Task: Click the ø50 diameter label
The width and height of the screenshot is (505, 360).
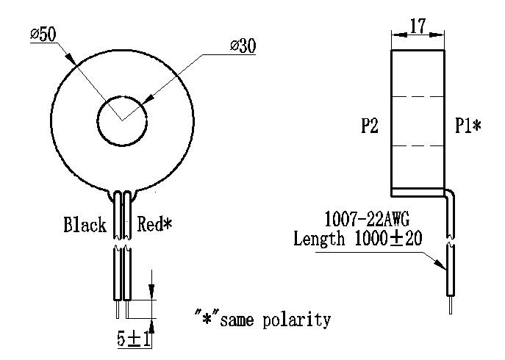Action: (x=43, y=34)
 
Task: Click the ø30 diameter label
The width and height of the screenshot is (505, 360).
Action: (x=243, y=46)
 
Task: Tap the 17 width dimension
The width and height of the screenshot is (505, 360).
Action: (x=418, y=26)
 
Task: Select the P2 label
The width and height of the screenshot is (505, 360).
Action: (x=370, y=125)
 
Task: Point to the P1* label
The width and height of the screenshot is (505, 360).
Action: (x=468, y=125)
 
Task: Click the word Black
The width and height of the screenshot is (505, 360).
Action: (x=85, y=224)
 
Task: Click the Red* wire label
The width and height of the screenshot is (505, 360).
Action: (x=154, y=224)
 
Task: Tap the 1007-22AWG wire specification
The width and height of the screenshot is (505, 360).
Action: (x=367, y=219)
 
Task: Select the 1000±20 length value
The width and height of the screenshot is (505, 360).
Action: (x=388, y=239)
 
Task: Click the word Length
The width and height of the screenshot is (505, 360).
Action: (x=319, y=240)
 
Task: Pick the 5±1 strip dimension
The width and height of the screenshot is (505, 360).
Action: (x=134, y=339)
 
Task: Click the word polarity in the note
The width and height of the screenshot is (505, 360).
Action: (x=297, y=320)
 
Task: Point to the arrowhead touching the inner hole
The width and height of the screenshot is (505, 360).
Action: (x=146, y=99)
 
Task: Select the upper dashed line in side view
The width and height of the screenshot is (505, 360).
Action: (x=418, y=96)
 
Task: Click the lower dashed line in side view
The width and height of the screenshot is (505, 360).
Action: (x=418, y=146)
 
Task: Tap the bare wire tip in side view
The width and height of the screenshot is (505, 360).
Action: (x=451, y=305)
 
